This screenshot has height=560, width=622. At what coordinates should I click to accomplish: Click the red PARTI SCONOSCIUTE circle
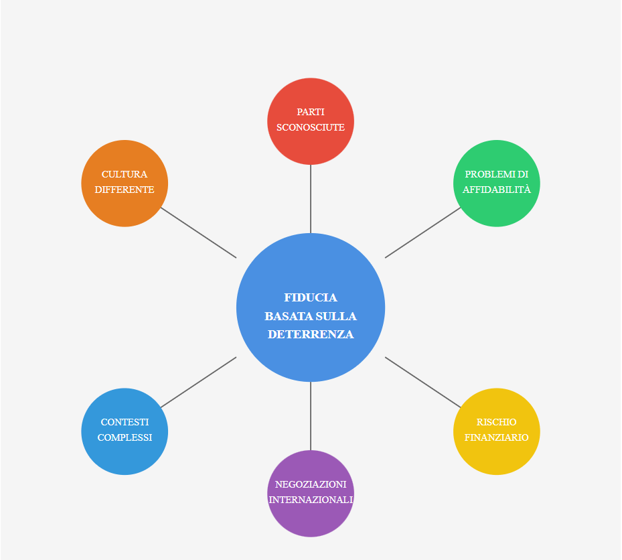click(311, 121)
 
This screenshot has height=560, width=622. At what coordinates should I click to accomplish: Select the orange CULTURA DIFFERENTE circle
click(125, 184)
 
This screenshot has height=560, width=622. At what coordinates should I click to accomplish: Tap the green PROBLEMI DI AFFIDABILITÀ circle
click(497, 184)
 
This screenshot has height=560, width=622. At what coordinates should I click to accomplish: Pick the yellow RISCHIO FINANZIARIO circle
click(497, 431)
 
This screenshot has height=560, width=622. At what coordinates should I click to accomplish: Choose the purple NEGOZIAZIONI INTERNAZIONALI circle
click(311, 494)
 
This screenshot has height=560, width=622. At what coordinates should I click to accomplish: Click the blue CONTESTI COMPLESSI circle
click(125, 431)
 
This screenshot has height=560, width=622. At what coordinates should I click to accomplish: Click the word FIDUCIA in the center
click(311, 297)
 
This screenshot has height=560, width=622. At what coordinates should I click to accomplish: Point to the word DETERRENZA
click(311, 334)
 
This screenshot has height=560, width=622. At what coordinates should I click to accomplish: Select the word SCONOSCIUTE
click(311, 127)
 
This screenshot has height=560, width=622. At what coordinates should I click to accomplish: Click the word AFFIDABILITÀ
click(497, 190)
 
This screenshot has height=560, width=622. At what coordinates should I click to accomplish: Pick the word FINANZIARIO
click(497, 437)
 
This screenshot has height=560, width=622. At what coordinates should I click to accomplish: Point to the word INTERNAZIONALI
click(311, 500)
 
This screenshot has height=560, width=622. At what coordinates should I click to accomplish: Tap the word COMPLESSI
click(125, 437)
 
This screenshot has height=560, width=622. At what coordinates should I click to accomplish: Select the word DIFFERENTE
click(125, 190)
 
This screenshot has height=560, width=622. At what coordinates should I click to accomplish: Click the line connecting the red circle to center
click(311, 199)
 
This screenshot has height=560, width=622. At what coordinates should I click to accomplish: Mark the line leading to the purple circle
click(311, 416)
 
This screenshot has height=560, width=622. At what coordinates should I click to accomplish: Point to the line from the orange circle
click(198, 232)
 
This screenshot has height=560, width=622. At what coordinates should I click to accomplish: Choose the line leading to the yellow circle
click(423, 382)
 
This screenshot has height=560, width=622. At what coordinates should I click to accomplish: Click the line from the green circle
click(423, 232)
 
